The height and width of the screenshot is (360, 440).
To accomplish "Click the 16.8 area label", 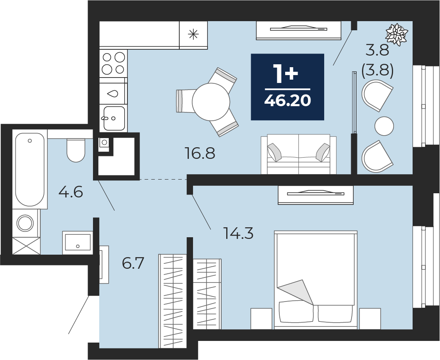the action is coord(200,153).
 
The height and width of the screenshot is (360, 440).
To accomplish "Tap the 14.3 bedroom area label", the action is coord(238,233).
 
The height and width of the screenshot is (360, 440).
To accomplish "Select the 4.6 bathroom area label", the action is coord(71,192).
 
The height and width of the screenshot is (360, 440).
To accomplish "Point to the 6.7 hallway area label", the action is coord(133,263).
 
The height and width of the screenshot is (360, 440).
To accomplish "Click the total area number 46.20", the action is coord(288,100).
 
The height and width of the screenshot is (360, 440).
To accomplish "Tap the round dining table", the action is coord(211,102).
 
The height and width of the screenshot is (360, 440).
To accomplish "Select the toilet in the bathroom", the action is coord(76,150).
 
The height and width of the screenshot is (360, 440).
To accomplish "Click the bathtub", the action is coord(30,170).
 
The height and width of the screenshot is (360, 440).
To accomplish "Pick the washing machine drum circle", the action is coord(26,223).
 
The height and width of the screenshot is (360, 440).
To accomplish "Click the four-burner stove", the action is coord(113,63).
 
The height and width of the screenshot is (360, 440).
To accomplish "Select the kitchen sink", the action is coord(114,118).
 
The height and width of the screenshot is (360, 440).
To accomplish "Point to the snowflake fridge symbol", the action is coord(193,35).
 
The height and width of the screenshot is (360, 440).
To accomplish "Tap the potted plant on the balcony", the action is coord(397,34).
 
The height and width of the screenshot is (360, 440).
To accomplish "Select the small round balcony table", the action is coord(384,126).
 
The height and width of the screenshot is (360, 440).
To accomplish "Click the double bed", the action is coord(316,280).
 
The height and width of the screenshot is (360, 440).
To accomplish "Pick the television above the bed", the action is coord(316,194).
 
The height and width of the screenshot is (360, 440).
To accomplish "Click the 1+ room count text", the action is coord(286,74).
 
